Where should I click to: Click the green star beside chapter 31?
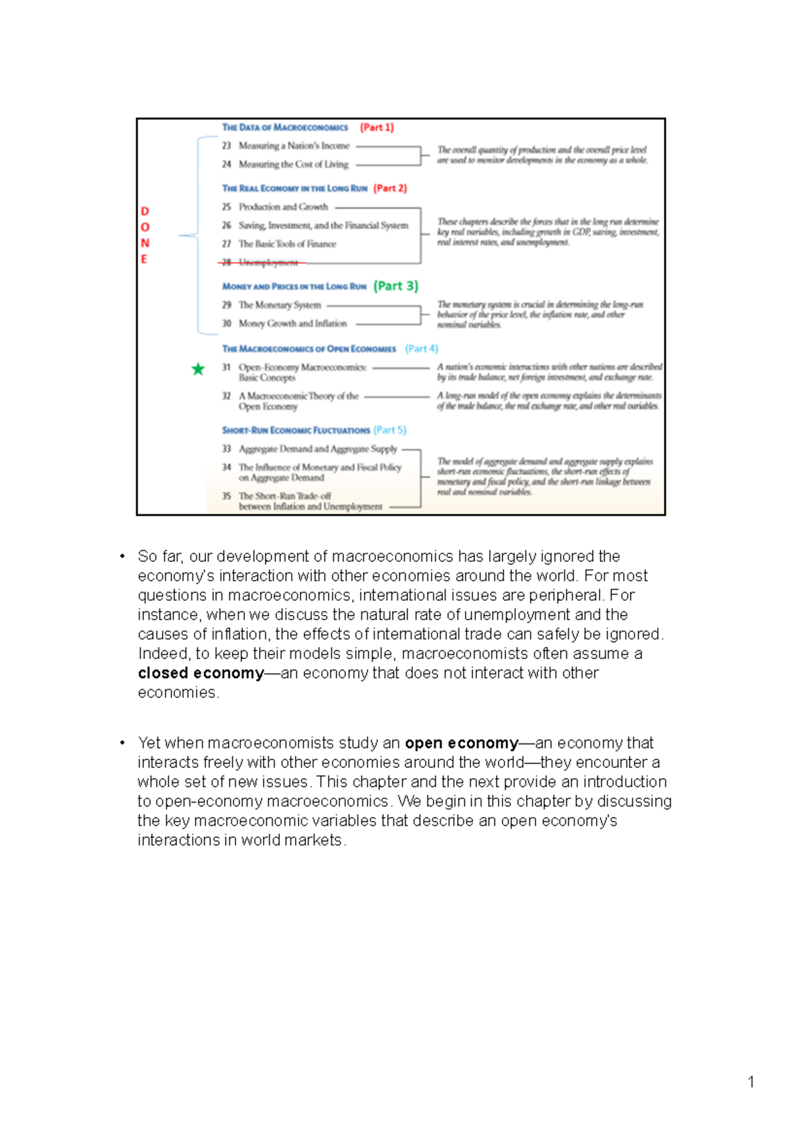click(x=198, y=369)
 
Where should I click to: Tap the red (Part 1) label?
click(x=377, y=127)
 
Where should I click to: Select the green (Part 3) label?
click(x=395, y=286)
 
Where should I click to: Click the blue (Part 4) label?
click(x=422, y=348)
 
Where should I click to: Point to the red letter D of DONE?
click(x=145, y=212)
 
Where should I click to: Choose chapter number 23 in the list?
click(x=226, y=145)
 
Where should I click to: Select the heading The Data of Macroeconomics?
click(x=285, y=127)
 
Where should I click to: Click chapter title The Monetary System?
click(x=280, y=305)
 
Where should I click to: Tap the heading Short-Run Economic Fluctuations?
click(x=296, y=430)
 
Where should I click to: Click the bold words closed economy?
click(x=201, y=673)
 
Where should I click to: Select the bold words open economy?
click(x=461, y=743)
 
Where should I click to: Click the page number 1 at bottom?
click(x=751, y=1082)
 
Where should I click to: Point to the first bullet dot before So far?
click(x=122, y=557)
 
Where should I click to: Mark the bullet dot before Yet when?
click(x=122, y=743)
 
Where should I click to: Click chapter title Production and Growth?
click(x=283, y=207)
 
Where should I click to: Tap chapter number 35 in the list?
click(x=226, y=496)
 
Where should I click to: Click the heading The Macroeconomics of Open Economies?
click(x=309, y=348)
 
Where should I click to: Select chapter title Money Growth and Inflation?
click(x=292, y=324)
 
